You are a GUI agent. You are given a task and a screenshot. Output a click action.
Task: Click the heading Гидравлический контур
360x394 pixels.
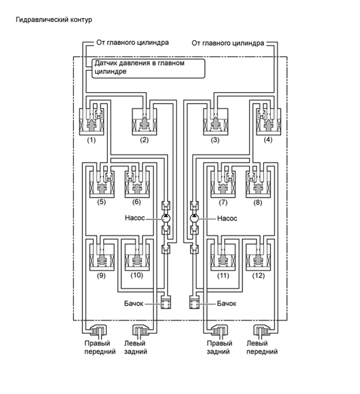click(54, 20)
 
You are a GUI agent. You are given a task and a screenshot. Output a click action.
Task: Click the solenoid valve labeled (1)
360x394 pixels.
click(92, 122)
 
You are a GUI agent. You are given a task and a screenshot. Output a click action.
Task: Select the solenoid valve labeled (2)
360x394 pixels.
click(145, 122)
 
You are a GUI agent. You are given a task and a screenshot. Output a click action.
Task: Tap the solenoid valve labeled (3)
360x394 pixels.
click(216, 122)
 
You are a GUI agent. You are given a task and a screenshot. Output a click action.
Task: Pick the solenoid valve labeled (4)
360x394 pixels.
click(268, 122)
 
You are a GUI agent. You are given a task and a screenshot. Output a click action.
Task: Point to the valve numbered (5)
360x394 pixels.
click(102, 184)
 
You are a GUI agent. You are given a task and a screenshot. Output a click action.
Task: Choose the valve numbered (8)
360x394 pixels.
click(258, 184)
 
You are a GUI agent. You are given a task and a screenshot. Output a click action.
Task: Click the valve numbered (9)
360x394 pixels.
click(102, 257)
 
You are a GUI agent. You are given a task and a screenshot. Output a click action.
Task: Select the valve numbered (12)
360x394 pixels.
click(258, 257)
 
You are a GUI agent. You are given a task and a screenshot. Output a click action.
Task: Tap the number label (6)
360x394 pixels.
click(136, 202)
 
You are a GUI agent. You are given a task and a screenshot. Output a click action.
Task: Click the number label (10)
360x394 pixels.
click(137, 275)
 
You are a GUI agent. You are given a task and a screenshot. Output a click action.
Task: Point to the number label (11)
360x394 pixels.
click(223, 276)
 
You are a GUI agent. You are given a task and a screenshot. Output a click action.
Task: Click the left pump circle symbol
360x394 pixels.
click(166, 218)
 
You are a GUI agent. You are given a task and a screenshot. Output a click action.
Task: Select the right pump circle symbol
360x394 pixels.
click(194, 218)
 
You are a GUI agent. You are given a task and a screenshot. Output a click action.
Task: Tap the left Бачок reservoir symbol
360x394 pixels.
click(166, 302)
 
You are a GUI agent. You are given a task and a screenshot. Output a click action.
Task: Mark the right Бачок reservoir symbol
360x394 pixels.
click(194, 302)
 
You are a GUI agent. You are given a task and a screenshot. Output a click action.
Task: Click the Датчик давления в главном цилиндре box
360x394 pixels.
click(148, 68)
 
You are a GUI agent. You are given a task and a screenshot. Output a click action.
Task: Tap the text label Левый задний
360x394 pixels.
click(135, 347)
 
